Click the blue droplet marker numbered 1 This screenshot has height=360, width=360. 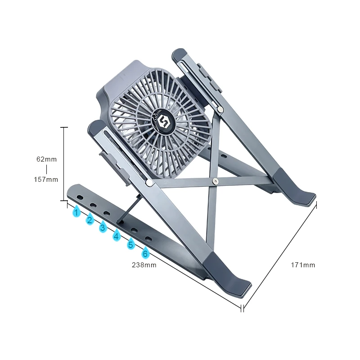(x=77, y=211)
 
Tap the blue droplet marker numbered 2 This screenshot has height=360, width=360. (x=90, y=220)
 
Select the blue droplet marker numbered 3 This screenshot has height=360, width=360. (x=103, y=227)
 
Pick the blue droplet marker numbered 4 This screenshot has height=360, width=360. (x=117, y=235)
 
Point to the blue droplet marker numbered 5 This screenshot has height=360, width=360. (x=131, y=245)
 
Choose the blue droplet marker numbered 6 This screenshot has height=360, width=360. (x=145, y=253)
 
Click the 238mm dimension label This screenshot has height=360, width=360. (x=144, y=265)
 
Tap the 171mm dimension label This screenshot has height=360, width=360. (x=303, y=265)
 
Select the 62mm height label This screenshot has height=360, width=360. (x=46, y=159)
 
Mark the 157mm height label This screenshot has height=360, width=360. (x=46, y=180)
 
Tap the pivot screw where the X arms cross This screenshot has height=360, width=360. (x=216, y=181)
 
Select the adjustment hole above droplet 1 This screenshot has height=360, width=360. (x=80, y=198)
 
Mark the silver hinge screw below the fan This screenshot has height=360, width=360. (x=148, y=183)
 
